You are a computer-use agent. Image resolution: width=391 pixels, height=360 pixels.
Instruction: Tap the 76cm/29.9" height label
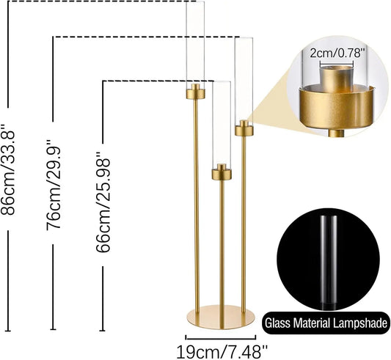54,183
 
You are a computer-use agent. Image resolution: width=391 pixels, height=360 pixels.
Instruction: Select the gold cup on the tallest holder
194,92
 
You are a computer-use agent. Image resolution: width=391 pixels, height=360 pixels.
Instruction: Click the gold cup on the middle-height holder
244,130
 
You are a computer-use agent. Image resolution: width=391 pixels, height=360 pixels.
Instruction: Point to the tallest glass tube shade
194,44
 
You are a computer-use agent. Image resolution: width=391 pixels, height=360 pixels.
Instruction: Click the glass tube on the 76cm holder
244,81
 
